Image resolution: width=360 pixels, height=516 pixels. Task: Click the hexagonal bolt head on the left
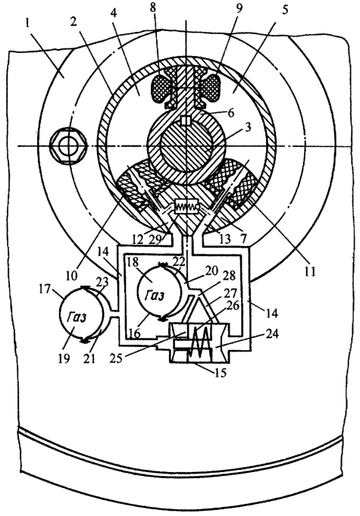68,145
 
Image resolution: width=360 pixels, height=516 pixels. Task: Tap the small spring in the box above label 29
186,207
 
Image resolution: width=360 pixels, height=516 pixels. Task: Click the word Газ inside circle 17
77,317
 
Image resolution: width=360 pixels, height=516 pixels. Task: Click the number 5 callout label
284,11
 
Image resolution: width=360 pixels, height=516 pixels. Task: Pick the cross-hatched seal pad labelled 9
210,86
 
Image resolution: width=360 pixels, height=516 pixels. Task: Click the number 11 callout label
309,272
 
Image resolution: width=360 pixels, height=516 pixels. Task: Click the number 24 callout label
270,334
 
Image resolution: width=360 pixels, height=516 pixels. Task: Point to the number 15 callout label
220,372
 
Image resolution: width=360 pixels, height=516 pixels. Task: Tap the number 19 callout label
64,358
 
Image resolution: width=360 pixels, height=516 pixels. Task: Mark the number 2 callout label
74,22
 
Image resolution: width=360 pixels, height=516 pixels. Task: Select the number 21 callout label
89,358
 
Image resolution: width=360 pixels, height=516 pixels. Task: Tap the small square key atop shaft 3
186,120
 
